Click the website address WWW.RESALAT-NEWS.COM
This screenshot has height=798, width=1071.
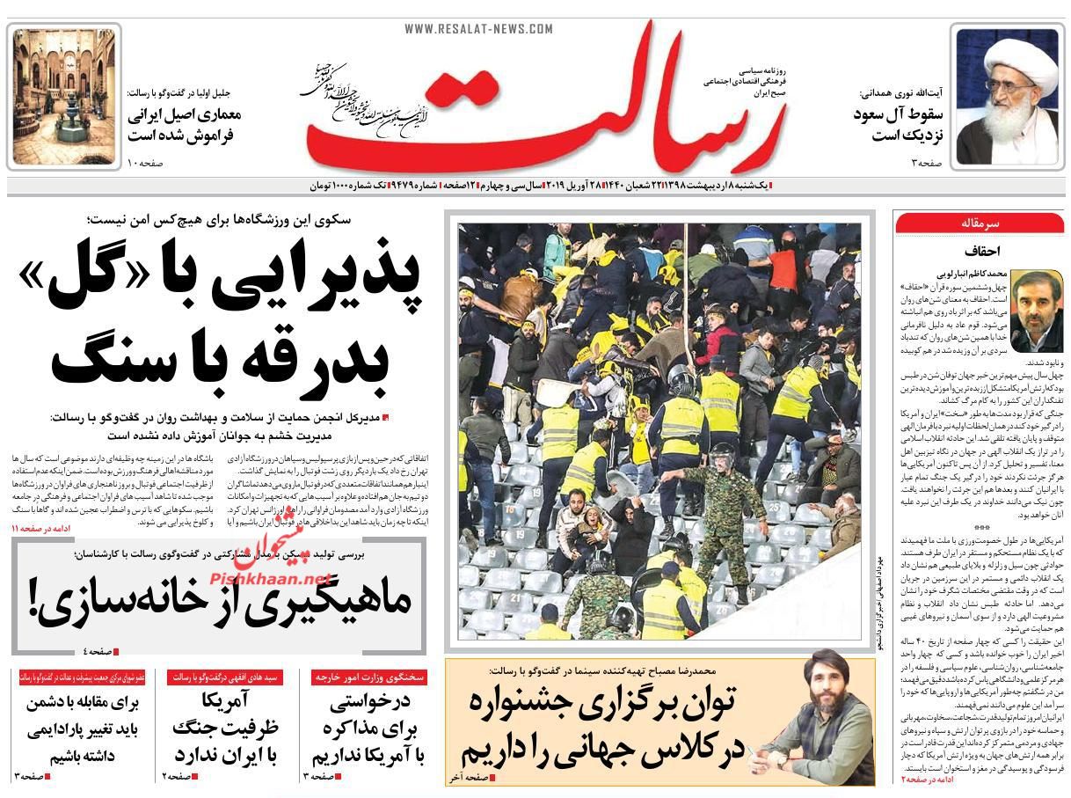(478, 29)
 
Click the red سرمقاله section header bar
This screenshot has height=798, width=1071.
(979, 224)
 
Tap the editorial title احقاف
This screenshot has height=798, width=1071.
(977, 250)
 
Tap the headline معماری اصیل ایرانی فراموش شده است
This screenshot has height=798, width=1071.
(184, 125)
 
